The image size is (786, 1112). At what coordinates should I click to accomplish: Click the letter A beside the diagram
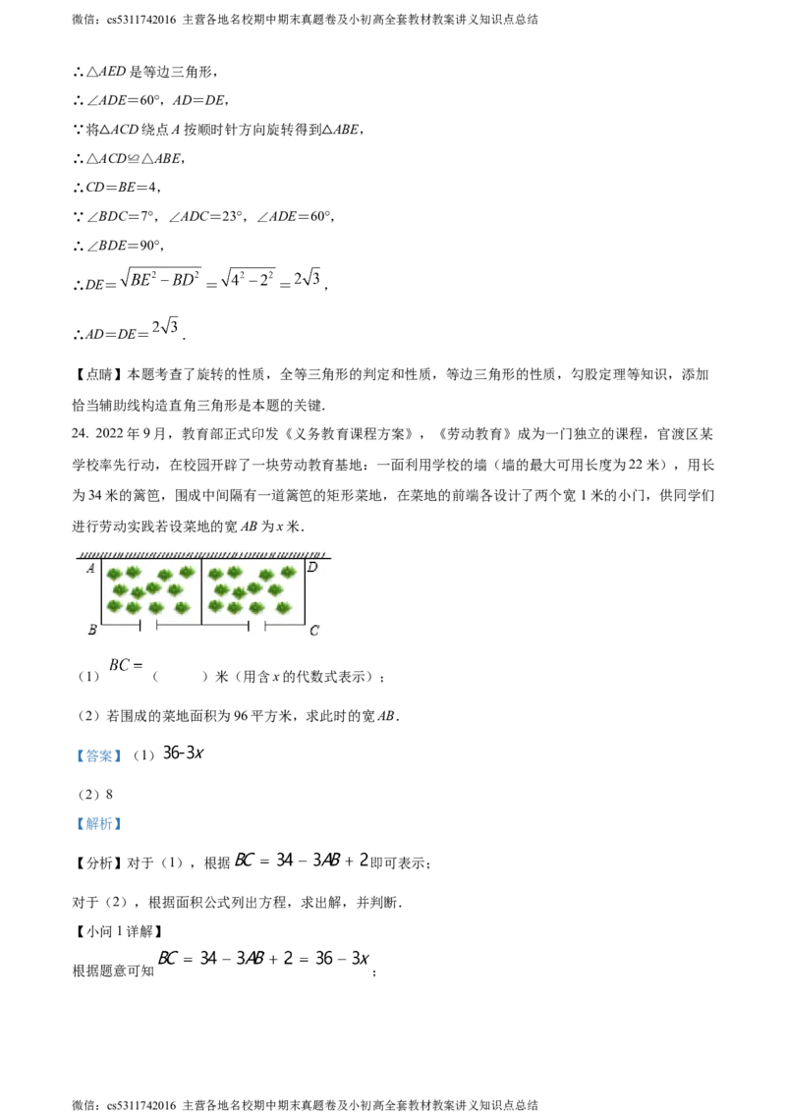pos(89,568)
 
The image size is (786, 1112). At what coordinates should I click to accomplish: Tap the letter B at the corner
pos(91,630)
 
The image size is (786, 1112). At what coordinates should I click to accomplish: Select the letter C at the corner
pos(313,631)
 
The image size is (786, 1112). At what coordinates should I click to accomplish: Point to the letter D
pos(312,567)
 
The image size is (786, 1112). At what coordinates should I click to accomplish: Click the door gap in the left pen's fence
pos(148,625)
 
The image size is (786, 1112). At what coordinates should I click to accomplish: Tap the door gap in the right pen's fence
pos(256,625)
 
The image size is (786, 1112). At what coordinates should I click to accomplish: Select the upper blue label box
pos(98,754)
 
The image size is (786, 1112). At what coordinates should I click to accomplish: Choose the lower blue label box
pos(98,824)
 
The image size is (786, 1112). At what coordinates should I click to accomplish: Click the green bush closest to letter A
pos(114,574)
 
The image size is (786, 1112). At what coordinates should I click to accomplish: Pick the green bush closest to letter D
pos(288,572)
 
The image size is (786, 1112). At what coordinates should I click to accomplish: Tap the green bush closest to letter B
pos(115,606)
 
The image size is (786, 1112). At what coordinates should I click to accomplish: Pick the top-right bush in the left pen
pos(187,572)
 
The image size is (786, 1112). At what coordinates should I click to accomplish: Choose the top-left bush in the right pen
pos(216,574)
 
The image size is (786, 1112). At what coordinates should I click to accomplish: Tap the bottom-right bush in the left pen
pos(181,608)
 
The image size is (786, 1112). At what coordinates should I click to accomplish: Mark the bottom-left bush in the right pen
pos(215,606)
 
